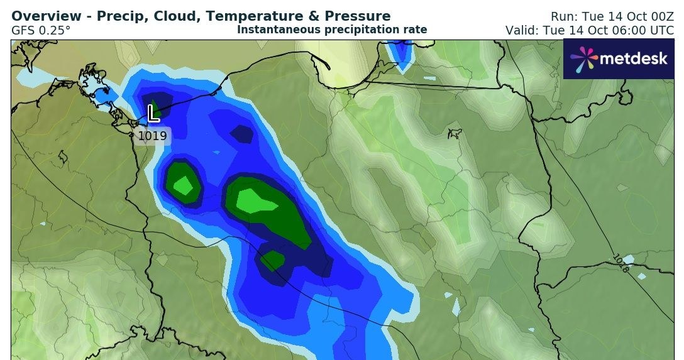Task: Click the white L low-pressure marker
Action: pos(153,114)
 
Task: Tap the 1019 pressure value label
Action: pos(152,136)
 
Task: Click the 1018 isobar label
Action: pos(620,263)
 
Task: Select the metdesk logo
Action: pos(619,59)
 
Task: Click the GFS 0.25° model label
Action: pos(41,30)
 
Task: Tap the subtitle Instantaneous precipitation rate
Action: pos(332,30)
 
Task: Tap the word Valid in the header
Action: pos(520,30)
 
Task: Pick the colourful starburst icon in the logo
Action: pos(584,59)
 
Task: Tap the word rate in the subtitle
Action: pos(416,30)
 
